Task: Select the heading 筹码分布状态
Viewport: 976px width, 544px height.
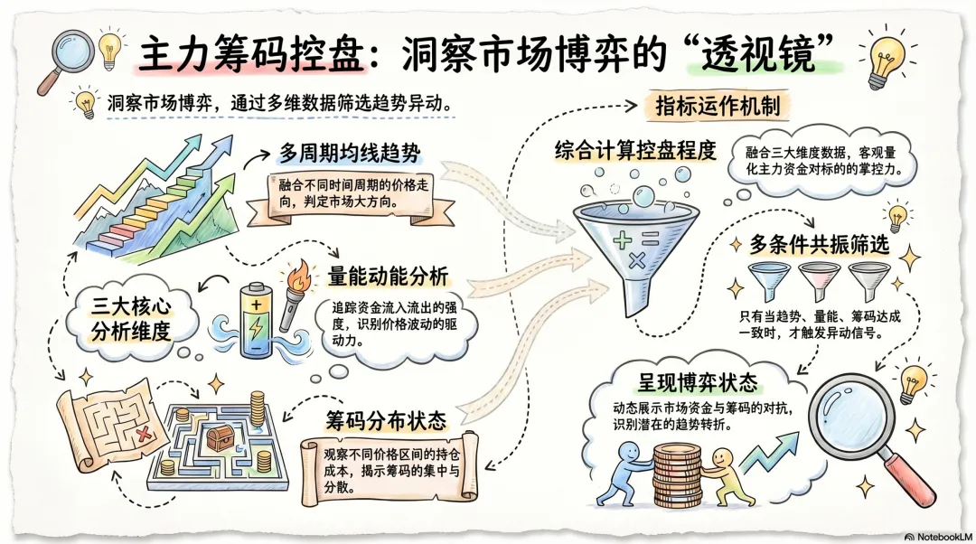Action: click(x=385, y=420)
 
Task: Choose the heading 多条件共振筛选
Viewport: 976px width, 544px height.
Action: click(x=819, y=245)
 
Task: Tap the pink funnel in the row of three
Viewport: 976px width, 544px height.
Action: click(x=820, y=280)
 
